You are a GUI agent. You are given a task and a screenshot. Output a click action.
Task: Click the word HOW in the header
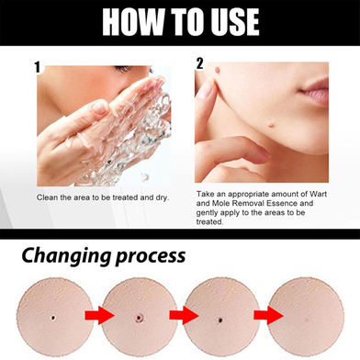133,22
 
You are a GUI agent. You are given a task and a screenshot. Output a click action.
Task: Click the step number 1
38,67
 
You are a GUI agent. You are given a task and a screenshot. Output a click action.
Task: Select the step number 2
199,63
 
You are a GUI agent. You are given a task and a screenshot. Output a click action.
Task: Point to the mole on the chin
271,124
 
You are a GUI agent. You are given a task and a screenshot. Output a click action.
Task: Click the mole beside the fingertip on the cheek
218,70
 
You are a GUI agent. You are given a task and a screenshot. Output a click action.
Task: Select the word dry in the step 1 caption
162,197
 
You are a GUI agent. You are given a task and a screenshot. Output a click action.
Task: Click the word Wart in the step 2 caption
319,194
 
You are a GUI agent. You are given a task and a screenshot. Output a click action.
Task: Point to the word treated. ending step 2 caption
210,221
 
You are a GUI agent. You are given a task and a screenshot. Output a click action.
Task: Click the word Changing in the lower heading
66,255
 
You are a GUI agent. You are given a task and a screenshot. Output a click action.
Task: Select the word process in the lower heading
151,256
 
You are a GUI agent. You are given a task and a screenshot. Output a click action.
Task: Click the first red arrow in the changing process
99,315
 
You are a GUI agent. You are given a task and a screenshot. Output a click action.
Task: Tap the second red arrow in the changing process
184,315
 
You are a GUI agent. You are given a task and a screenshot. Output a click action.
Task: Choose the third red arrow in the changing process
268,315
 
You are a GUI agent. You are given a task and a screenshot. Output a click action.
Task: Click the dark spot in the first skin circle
53,318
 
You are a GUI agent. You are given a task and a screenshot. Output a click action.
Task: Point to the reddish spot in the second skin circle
140,318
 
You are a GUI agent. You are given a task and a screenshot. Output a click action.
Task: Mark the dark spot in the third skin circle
220,321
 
